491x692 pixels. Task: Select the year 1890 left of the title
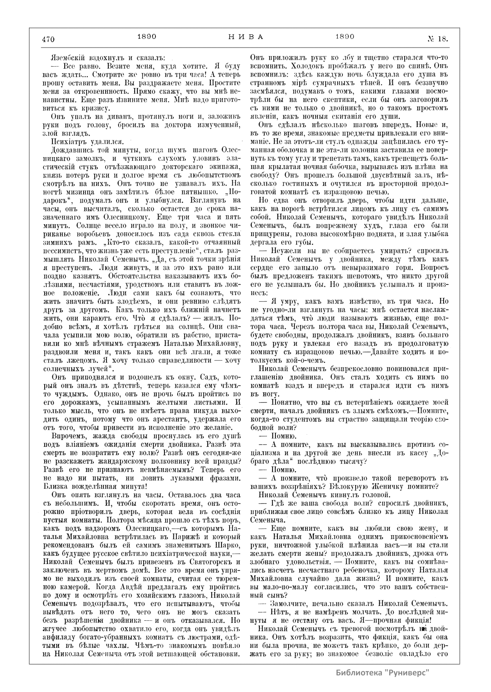click(146, 36)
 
